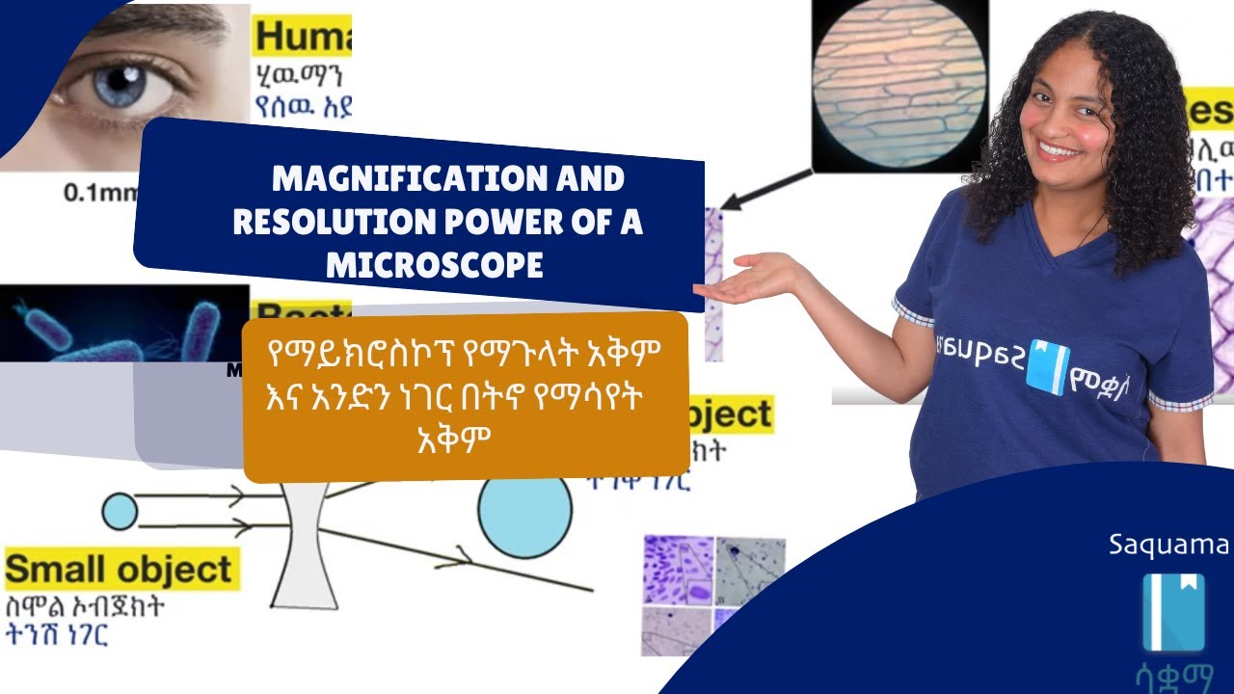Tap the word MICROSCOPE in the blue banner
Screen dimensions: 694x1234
[x=435, y=265]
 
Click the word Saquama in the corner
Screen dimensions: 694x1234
[x=1168, y=546]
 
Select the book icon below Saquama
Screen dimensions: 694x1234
[x=1173, y=612]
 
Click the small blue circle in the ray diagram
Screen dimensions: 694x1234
[x=120, y=511]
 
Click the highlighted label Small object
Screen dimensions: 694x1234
[x=120, y=570]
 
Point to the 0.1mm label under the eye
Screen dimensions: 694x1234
[x=97, y=192]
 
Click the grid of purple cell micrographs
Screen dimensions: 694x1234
[x=713, y=593]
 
